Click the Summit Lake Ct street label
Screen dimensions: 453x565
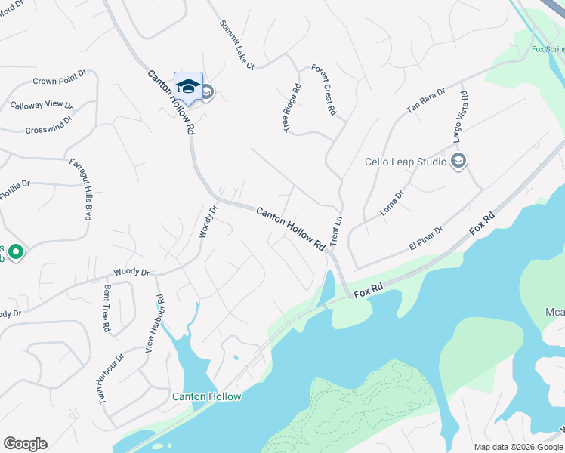[x=237, y=45]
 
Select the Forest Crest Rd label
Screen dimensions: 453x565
[x=323, y=90]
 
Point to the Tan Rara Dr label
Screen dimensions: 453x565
[x=426, y=100]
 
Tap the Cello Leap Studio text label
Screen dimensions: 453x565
[x=405, y=162]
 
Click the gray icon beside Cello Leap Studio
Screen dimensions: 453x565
[x=458, y=161]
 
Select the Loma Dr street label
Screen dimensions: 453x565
[x=392, y=203]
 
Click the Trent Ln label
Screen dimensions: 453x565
[x=337, y=230]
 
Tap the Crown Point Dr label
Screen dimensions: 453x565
[x=60, y=79]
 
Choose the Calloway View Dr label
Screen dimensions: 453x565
[x=42, y=106]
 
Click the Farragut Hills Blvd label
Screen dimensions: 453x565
[x=81, y=189]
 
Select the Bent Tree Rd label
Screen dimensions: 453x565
[x=107, y=309]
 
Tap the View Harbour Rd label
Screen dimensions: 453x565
[x=155, y=324]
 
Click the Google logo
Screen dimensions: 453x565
[x=25, y=444]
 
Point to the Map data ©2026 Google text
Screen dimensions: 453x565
[x=518, y=447]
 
